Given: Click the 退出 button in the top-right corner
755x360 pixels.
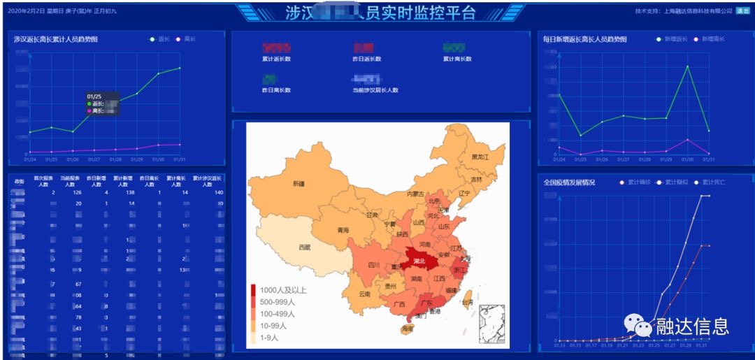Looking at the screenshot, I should tap(742, 11).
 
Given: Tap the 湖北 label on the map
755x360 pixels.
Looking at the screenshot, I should tap(418, 261).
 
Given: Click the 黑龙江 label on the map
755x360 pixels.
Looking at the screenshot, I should tap(480, 157).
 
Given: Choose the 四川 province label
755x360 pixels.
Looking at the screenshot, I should tap(373, 266).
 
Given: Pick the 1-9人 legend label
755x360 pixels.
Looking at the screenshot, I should tap(269, 338).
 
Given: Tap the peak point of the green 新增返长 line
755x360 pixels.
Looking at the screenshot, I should tap(688, 66).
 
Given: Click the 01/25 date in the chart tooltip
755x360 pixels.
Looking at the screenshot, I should tap(94, 96).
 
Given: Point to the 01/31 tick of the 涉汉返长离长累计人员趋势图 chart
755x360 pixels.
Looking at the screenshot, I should tap(180, 159).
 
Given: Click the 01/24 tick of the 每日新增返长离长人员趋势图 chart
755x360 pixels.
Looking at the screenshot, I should tap(559, 159).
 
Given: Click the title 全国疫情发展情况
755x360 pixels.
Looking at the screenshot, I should tap(569, 182).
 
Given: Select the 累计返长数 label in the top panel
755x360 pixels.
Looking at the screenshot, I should tap(276, 59).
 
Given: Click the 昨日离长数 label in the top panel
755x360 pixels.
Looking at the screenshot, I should tap(276, 90).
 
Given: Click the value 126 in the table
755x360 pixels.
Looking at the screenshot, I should tap(77, 192).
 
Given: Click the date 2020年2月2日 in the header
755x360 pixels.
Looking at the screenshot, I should tap(27, 12).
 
